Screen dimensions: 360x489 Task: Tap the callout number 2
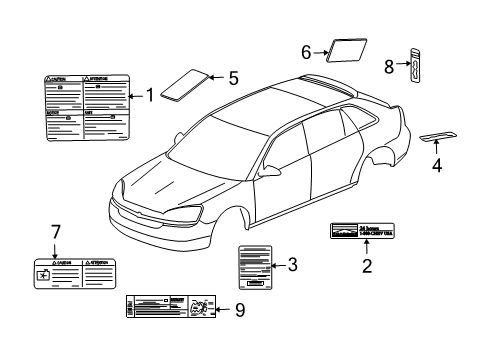point(367,266)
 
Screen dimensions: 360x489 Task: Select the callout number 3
point(292,265)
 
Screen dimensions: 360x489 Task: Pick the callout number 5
point(233,76)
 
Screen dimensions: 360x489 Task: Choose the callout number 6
point(307,48)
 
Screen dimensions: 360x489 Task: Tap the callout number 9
point(239,311)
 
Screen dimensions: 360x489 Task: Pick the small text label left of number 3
point(254,266)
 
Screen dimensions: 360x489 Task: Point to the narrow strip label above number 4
point(435,136)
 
